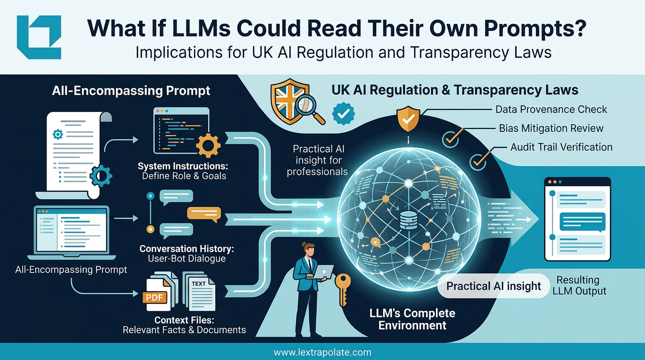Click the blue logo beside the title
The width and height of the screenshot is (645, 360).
click(x=39, y=37)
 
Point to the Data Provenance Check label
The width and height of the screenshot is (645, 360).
click(x=551, y=110)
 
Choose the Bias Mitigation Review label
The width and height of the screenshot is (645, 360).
click(x=551, y=128)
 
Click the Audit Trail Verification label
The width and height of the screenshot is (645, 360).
click(x=561, y=147)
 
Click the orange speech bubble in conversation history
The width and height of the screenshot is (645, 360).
click(x=203, y=213)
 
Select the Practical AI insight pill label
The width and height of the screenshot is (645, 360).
click(x=494, y=286)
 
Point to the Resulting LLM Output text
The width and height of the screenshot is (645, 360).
click(x=579, y=285)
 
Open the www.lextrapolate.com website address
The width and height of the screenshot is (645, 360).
click(x=322, y=352)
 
